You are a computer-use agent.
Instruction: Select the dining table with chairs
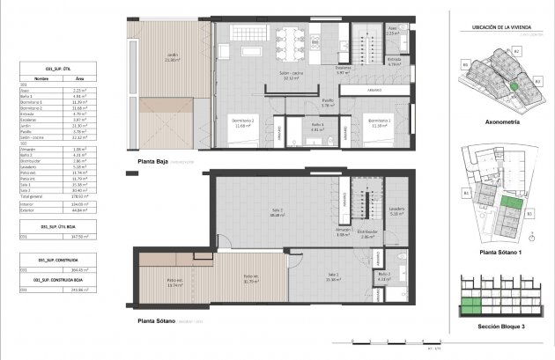pyautogui.click(x=290, y=38)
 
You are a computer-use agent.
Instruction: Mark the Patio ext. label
pyautogui.click(x=174, y=283)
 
